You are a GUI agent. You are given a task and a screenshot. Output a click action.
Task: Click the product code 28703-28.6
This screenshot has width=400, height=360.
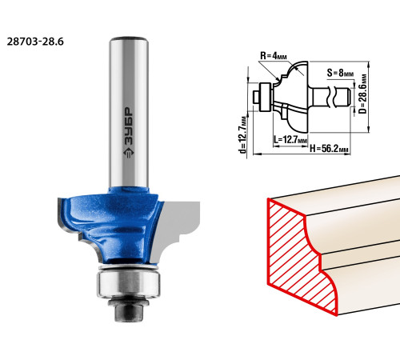point(35,42)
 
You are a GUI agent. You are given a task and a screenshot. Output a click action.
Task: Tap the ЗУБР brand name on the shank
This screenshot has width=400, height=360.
point(129,126)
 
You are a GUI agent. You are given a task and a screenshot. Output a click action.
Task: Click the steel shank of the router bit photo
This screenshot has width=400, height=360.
point(129,112)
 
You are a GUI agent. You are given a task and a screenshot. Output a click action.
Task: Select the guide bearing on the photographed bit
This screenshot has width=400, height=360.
point(129,283)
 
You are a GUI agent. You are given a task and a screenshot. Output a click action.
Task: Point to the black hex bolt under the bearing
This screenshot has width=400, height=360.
point(129,309)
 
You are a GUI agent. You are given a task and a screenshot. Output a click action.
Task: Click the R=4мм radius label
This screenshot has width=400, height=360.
point(274,56)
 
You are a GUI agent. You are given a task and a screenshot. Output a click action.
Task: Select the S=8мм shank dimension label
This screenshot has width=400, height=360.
point(340,73)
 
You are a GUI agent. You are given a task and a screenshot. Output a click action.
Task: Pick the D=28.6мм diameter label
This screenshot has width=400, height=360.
point(362,94)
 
